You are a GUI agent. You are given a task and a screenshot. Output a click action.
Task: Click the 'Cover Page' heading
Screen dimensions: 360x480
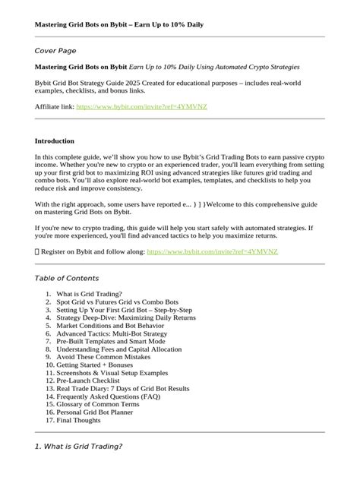[56, 50]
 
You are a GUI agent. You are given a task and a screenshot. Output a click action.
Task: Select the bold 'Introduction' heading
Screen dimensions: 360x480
[55, 141]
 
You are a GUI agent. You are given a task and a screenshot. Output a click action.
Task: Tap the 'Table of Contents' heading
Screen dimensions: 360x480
[67, 278]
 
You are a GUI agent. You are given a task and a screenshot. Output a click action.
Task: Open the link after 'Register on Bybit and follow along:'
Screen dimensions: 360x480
[212, 250]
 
